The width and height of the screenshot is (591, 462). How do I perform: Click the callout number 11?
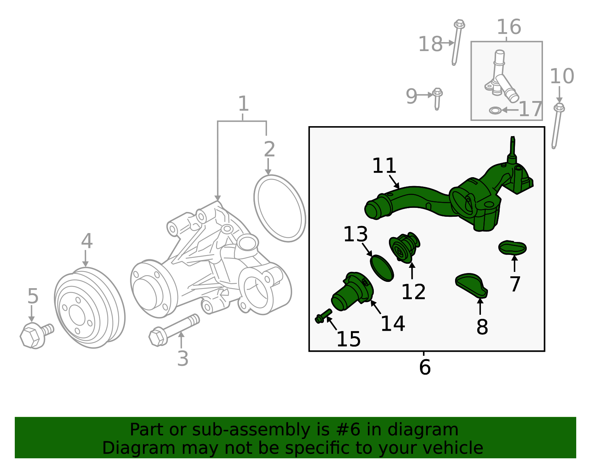click(x=384, y=166)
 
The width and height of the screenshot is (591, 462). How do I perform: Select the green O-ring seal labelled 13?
click(x=382, y=268)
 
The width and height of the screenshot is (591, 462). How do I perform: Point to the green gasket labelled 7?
click(x=512, y=248)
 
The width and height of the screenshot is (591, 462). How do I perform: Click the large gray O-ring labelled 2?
click(x=280, y=208)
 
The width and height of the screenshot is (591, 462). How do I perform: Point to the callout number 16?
click(x=509, y=27)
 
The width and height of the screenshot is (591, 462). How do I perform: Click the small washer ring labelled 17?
click(x=495, y=110)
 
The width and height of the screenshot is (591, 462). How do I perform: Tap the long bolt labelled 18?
click(x=457, y=43)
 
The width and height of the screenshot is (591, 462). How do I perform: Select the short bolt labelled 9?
click(x=437, y=98)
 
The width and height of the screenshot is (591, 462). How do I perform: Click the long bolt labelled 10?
click(x=557, y=126)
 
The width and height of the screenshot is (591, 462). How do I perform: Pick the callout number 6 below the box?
click(x=425, y=367)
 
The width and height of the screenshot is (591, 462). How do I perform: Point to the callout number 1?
click(x=243, y=104)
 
